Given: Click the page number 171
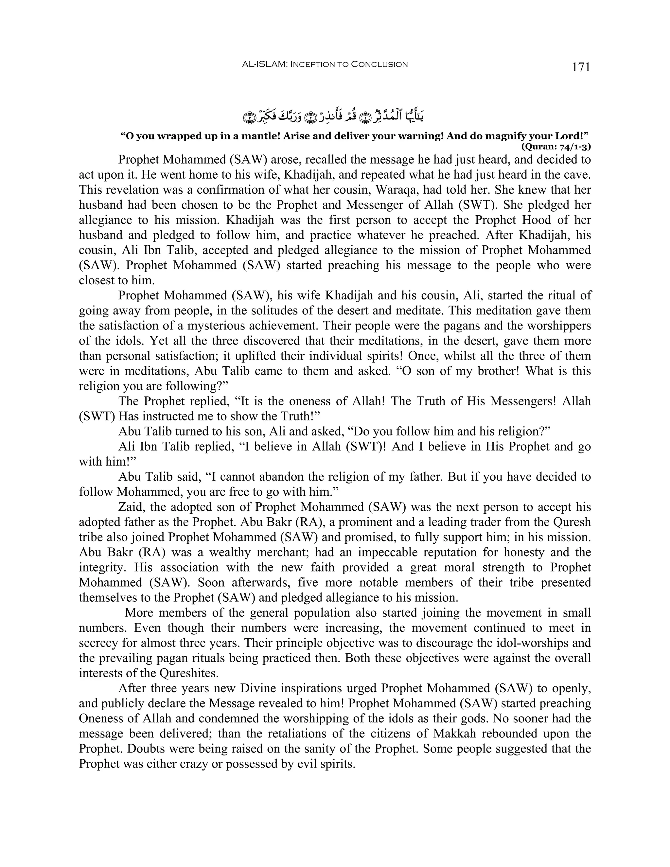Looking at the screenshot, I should pos(581,67).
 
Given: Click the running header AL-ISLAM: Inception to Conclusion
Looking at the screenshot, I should pos(325,64).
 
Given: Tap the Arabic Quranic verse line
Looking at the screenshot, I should pos(333,115).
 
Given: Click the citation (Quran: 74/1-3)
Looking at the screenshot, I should pos(556,147).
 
